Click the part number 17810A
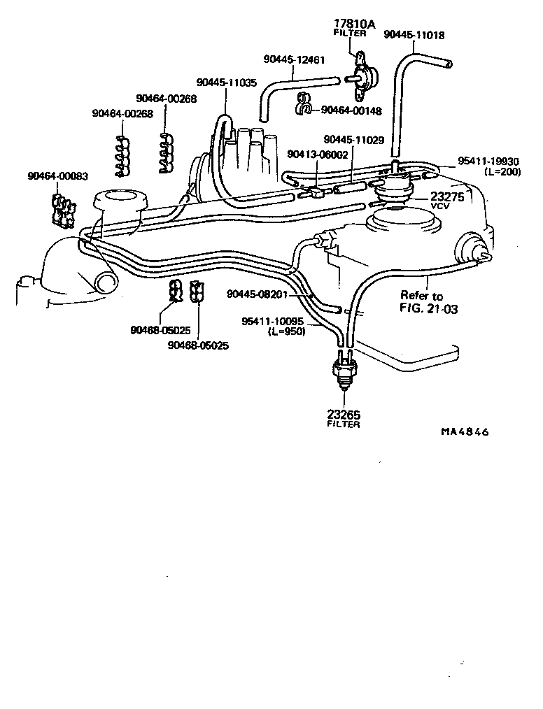point(354,24)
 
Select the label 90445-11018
point(414,34)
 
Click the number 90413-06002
point(317,155)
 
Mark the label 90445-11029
point(353,140)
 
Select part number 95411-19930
point(489,162)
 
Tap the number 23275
point(447,197)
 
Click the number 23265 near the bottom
point(343,414)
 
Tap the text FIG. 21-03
point(429,308)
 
